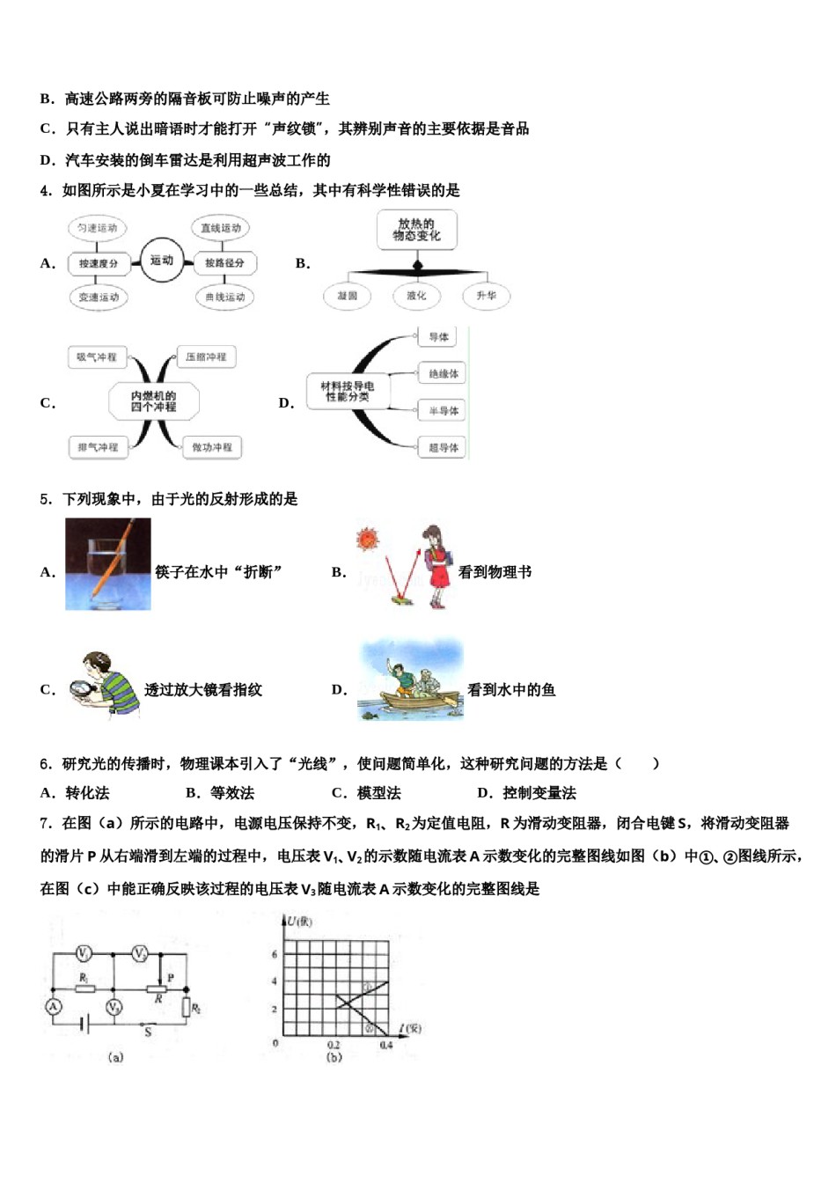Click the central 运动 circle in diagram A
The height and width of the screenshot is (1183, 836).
(x=161, y=261)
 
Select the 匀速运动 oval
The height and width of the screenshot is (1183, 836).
(x=96, y=228)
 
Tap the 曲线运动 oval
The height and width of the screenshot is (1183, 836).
(x=224, y=298)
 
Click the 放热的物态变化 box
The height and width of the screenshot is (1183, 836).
(x=416, y=230)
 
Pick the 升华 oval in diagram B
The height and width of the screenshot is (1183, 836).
(x=486, y=296)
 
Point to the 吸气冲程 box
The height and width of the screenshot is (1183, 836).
(x=96, y=357)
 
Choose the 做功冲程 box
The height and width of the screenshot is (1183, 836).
(x=212, y=447)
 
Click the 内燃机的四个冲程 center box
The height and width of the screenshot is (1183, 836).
(x=153, y=401)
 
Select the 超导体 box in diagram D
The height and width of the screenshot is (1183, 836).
(x=443, y=447)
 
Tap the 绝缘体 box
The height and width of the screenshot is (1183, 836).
(x=443, y=374)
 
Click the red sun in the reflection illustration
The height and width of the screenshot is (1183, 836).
(x=366, y=539)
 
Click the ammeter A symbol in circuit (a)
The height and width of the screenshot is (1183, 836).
(x=54, y=1006)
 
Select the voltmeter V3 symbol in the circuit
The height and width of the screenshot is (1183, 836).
(x=114, y=1006)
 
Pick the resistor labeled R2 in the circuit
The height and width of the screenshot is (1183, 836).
(x=187, y=1007)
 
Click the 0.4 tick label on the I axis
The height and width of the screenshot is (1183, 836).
(x=385, y=1045)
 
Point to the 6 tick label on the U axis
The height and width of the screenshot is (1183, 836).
(x=275, y=954)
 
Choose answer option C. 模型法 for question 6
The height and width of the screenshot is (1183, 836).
(x=366, y=793)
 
